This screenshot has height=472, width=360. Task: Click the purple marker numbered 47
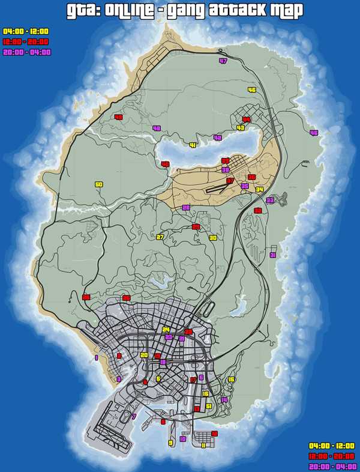click(223, 61)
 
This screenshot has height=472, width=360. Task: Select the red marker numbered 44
click(246, 120)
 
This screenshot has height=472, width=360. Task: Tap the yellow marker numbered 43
click(241, 128)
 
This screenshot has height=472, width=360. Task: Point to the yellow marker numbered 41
click(193, 145)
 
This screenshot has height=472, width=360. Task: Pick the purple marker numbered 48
click(157, 128)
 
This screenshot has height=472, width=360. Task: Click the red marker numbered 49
click(118, 117)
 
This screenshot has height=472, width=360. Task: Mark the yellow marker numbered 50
click(99, 184)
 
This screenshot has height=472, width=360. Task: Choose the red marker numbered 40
click(165, 164)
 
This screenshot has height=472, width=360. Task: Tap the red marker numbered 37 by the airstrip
click(230, 180)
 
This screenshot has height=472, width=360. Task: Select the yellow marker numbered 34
click(259, 190)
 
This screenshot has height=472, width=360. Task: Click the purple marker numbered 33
click(269, 200)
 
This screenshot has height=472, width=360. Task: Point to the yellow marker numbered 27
click(160, 237)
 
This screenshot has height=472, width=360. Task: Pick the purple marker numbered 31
click(273, 255)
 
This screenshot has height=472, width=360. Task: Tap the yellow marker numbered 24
click(166, 330)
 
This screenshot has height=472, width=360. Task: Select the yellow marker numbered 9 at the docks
click(170, 443)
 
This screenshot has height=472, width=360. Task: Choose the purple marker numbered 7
click(134, 416)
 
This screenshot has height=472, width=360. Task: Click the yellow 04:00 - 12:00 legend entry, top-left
click(26, 31)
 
